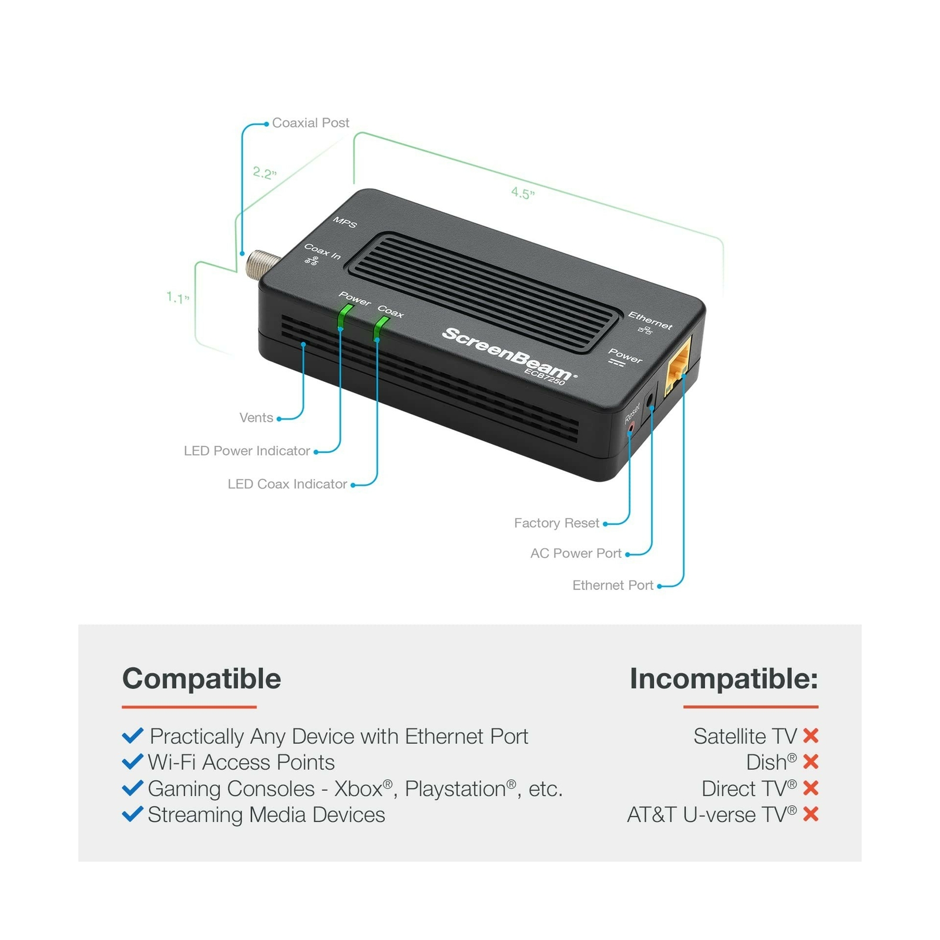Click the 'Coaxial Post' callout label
pos(310,123)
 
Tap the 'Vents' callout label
pos(256,418)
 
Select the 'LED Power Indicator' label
pos(247,451)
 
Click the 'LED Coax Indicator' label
pos(287,484)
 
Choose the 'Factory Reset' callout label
pos(556,523)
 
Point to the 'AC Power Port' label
pos(576,553)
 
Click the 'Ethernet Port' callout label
pos(613,585)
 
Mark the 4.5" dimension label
pos(522,193)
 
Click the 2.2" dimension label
pos(264,173)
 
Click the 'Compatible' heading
pos(202,679)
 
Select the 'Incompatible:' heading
pos(724,679)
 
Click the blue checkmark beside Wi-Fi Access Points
pos(133,762)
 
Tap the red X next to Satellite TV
pos(811,736)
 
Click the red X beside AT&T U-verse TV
pos(811,814)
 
